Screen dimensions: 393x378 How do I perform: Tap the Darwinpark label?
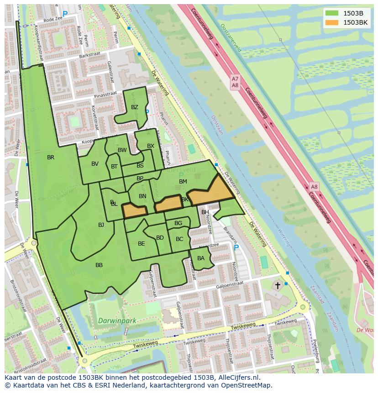117,321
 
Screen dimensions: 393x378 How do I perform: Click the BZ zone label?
134,107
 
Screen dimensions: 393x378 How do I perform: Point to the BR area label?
51,157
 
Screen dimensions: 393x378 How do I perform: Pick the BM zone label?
183,182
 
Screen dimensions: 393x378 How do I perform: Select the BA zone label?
201,258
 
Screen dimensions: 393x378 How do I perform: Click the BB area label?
99,265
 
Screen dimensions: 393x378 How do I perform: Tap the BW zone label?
122,150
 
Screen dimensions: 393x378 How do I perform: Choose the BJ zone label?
101,225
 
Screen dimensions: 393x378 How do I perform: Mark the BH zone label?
205,212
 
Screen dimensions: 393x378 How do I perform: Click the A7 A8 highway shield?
235,82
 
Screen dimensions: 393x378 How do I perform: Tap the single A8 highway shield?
314,187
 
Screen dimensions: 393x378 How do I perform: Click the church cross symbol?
277,286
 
